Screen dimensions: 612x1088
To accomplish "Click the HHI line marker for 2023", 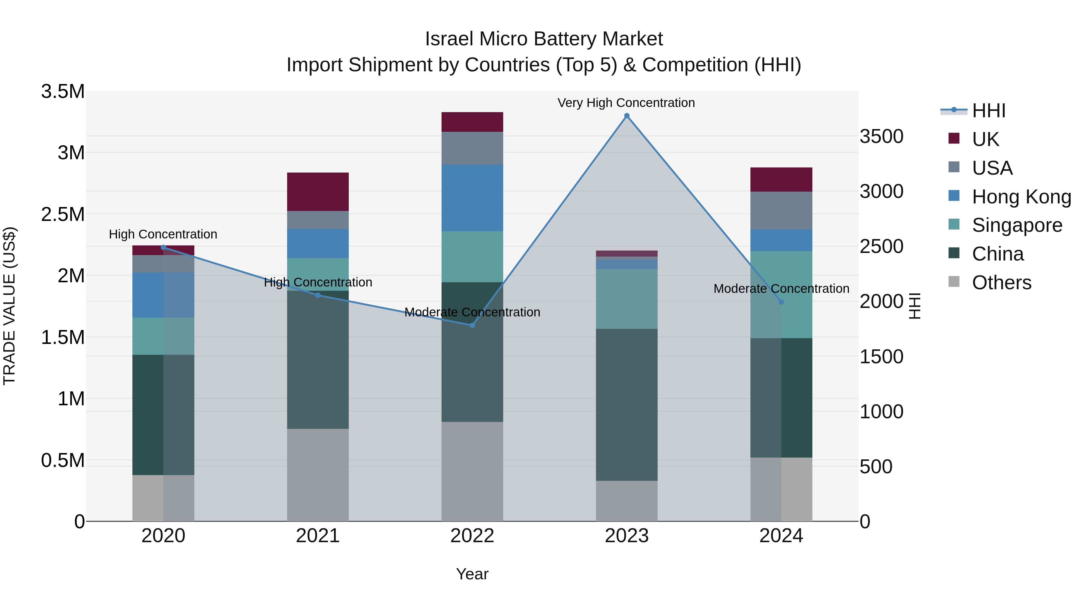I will (627, 116).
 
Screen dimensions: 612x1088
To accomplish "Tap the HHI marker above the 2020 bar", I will (164, 248).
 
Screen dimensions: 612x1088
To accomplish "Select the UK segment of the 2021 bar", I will (318, 191).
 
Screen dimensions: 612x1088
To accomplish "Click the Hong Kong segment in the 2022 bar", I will (472, 198).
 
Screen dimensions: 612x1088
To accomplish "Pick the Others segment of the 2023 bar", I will (627, 500).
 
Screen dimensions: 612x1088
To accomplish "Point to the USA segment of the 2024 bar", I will (781, 210).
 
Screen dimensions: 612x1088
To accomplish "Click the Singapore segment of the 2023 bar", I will (627, 299).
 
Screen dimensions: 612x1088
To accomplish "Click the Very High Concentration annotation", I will (626, 103).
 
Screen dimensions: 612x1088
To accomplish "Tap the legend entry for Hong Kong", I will (1021, 197).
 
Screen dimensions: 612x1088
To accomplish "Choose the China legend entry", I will (997, 254).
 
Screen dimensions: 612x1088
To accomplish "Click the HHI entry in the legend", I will (988, 111).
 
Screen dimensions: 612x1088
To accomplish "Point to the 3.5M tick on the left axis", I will (63, 91).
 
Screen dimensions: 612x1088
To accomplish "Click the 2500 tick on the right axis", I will (882, 246).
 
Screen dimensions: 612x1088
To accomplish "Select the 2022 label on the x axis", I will (472, 536).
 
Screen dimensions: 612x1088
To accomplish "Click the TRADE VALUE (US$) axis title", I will (9, 306).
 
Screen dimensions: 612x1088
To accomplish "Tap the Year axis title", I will (472, 574).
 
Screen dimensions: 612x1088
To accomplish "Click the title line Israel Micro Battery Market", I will (544, 39).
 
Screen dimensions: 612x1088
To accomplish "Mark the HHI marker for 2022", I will (472, 325).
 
